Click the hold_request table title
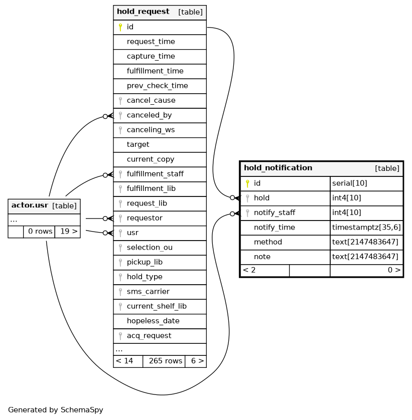pyautogui.click(x=143, y=12)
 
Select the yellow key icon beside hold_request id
pyautogui.click(x=120, y=27)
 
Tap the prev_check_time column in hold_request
pyautogui.click(x=157, y=86)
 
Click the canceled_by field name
pyautogui.click(x=149, y=115)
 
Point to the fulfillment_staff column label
pyautogui.click(x=155, y=174)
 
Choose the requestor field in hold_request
pyautogui.click(x=145, y=218)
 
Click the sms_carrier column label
pyautogui.click(x=148, y=291)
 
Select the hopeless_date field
pyautogui.click(x=153, y=321)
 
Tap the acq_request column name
pyautogui.click(x=149, y=336)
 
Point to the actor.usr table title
pyautogui.click(x=30, y=205)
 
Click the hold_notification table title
pyautogui.click(x=278, y=168)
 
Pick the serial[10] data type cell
pyautogui.click(x=349, y=183)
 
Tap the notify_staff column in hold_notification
pyautogui.click(x=274, y=213)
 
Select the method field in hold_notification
pyautogui.click(x=267, y=242)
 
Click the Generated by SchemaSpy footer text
pyautogui.click(x=56, y=410)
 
